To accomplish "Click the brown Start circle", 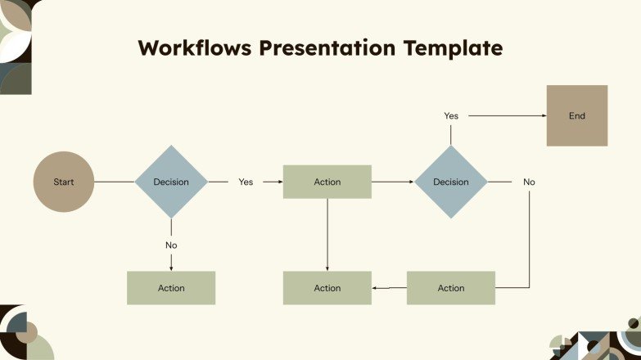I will pos(63,182).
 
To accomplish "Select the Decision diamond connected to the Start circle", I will pos(171,182).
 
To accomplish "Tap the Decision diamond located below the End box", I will pos(450,182).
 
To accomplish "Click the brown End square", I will pos(577,115).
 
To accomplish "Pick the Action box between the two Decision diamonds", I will pos(327,182).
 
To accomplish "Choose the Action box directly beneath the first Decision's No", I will pos(171,288).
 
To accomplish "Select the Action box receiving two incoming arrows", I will pos(327,288).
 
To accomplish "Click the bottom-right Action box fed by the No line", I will pos(450,288).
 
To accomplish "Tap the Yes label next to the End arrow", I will pos(450,116).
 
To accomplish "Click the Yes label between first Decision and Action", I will pos(246,182).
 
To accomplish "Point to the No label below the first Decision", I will pos(171,245).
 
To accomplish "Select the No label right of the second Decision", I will pos(529,182).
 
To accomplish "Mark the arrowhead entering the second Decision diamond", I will pos(410,182).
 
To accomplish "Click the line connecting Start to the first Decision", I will pos(115,182).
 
